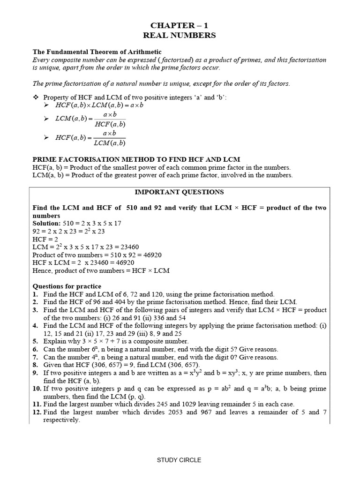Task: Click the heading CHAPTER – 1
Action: pyautogui.click(x=180, y=25)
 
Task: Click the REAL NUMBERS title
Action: pyautogui.click(x=180, y=35)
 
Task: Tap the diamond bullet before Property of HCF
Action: pyautogui.click(x=35, y=97)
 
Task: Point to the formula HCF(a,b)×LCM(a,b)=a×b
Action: pyautogui.click(x=99, y=105)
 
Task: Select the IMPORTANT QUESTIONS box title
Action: pyautogui.click(x=180, y=192)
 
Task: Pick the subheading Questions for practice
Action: pyautogui.click(x=67, y=286)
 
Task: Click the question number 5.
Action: pyautogui.click(x=35, y=341)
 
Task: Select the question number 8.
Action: pyautogui.click(x=35, y=365)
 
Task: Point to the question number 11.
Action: pyautogui.click(x=37, y=404)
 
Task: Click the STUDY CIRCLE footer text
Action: pyautogui.click(x=179, y=460)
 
